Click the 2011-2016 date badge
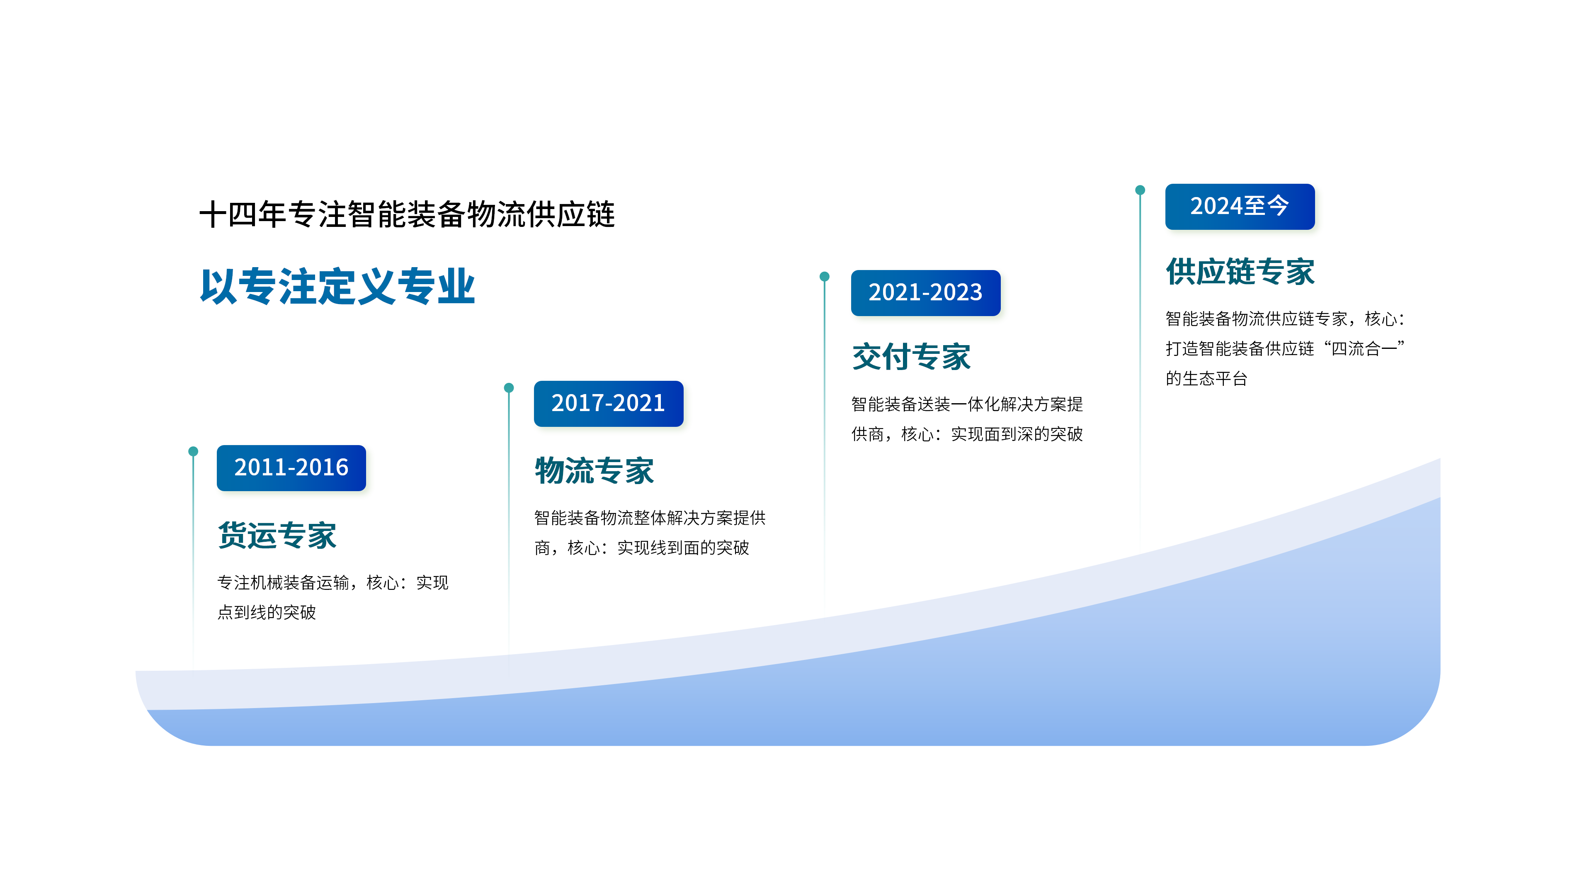point(291,468)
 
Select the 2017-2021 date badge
point(608,404)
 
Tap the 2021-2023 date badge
point(925,293)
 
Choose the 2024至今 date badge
point(1240,207)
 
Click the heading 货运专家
point(277,536)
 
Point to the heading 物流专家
point(594,471)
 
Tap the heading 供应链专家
point(1240,272)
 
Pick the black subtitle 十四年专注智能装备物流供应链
point(407,214)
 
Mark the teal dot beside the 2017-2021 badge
point(509,388)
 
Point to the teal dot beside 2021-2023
point(825,276)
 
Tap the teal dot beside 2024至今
point(1140,190)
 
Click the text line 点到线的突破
point(267,612)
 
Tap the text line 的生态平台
point(1206,378)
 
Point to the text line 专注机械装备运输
point(284,582)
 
